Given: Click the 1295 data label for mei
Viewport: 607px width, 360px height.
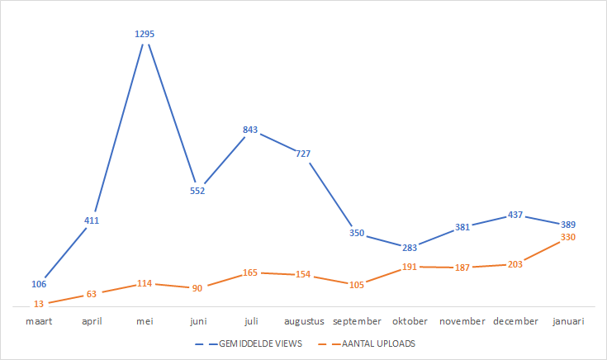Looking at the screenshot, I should click(x=145, y=34).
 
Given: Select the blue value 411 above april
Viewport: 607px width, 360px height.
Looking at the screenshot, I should click(x=92, y=220).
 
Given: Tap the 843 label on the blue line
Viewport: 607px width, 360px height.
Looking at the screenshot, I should click(x=250, y=130).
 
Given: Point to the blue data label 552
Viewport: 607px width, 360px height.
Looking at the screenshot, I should click(x=197, y=191).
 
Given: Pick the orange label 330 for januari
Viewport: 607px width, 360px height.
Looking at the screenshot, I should click(x=567, y=238).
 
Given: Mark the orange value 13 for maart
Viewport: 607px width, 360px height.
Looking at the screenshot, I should click(x=39, y=304).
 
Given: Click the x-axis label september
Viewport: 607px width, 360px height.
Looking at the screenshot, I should click(x=357, y=321).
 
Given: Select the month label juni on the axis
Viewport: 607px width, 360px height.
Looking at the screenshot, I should click(x=197, y=321).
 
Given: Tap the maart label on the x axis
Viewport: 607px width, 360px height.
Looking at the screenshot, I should click(x=39, y=321).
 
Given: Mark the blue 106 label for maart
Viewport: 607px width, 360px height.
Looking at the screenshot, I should click(x=39, y=283).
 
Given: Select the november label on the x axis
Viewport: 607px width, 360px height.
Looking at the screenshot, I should click(x=463, y=321).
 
